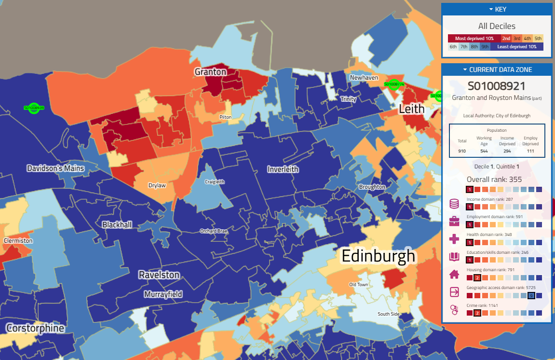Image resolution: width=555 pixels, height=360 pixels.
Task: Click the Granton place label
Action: pyautogui.click(x=210, y=72)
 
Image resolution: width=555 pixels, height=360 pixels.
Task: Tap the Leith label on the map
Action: pyautogui.click(x=411, y=109)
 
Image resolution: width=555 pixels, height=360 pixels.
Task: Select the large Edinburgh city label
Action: pyautogui.click(x=378, y=256)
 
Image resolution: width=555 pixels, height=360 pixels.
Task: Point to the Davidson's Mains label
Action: pyautogui.click(x=55, y=168)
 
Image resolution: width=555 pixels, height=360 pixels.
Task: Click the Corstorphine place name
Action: pyautogui.click(x=35, y=328)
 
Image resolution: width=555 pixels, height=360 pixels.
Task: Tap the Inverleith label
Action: pyautogui.click(x=283, y=169)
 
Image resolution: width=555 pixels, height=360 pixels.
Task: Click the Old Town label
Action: pyautogui.click(x=358, y=284)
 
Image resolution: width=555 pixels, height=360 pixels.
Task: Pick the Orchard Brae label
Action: pyautogui.click(x=214, y=231)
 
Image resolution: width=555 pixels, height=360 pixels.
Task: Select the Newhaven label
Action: pyautogui.click(x=364, y=78)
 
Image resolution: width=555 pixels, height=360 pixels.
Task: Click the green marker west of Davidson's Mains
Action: pyautogui.click(x=33, y=108)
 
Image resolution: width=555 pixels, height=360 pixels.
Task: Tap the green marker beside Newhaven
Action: pyautogui.click(x=394, y=84)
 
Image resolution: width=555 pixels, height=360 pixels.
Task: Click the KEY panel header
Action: pyautogui.click(x=497, y=9)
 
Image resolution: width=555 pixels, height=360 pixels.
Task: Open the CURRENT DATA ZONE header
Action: pyautogui.click(x=497, y=69)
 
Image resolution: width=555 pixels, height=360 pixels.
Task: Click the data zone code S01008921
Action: pyautogui.click(x=496, y=86)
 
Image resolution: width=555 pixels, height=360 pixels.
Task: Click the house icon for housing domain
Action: pyautogui.click(x=454, y=275)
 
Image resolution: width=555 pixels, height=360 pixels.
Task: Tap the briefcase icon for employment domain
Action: pyautogui.click(x=454, y=222)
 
